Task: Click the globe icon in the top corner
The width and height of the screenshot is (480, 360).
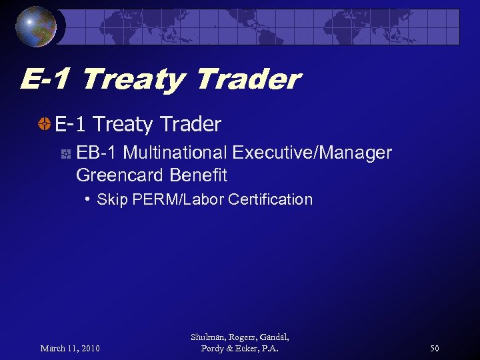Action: pos(37,26)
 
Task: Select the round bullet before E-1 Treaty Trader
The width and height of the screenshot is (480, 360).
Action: pos(44,124)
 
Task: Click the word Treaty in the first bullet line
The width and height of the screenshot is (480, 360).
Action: pos(125,124)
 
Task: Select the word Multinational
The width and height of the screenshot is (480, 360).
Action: pos(175,153)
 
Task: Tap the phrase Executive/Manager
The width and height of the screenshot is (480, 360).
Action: pos(312,153)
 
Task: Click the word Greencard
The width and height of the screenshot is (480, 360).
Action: pos(121,175)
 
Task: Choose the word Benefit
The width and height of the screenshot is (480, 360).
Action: pos(199,175)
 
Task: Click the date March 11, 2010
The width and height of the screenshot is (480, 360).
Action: pos(70,349)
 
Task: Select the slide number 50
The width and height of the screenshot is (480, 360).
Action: pos(434,349)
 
